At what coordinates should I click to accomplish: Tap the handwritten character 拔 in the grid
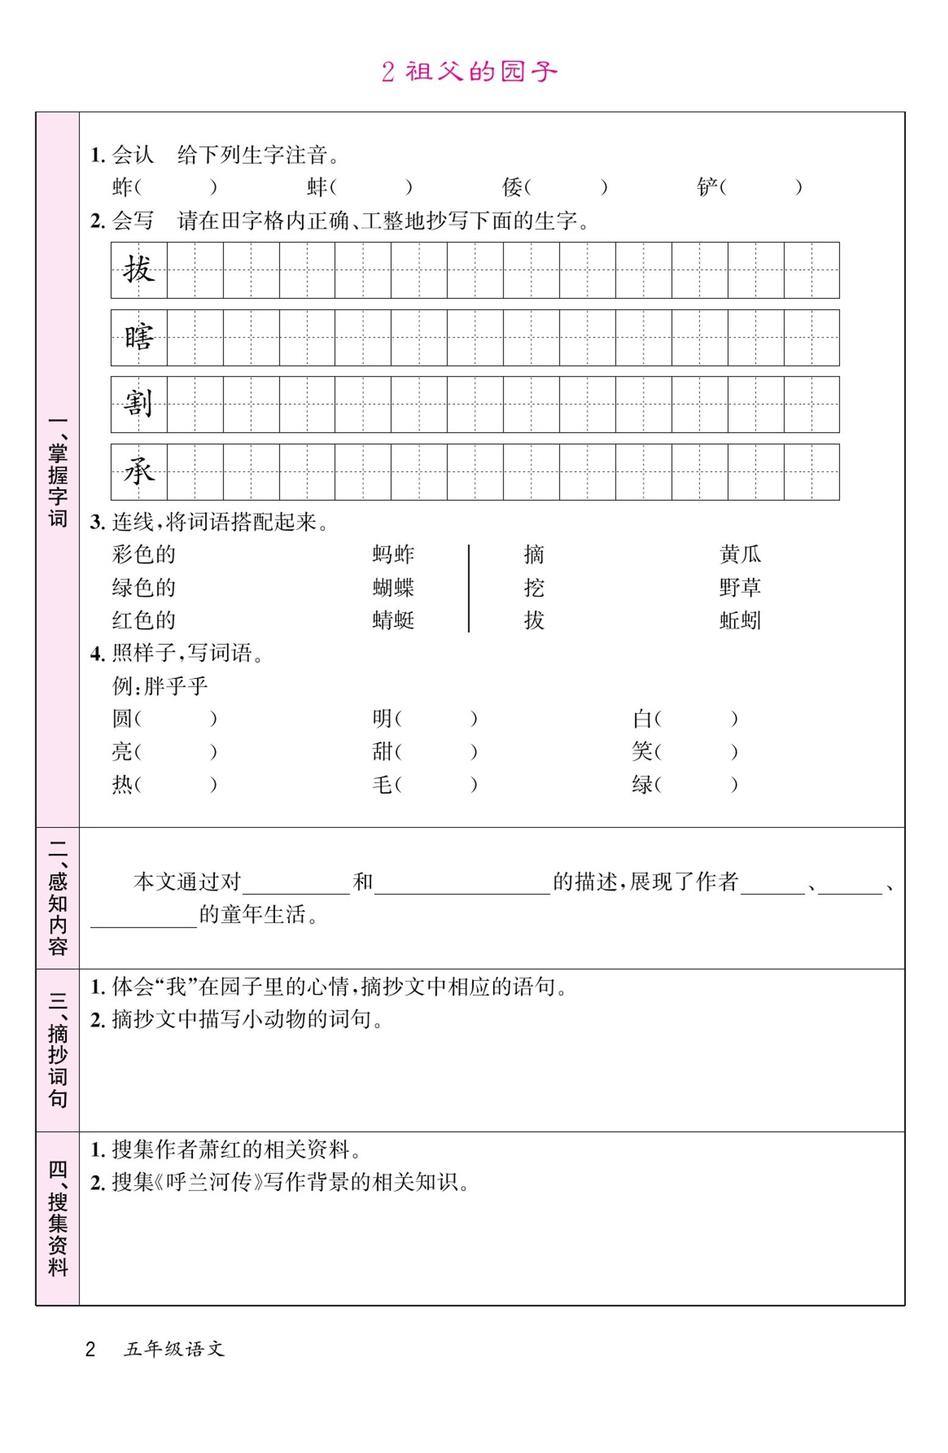[x=139, y=270]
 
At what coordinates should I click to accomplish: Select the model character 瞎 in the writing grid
[x=139, y=338]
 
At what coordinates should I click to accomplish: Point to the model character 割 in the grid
[x=139, y=404]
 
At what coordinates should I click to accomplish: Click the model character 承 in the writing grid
[x=139, y=472]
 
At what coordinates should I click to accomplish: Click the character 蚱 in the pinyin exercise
[x=122, y=187]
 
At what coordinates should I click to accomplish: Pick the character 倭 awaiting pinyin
[x=512, y=187]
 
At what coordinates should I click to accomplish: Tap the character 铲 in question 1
[x=707, y=187]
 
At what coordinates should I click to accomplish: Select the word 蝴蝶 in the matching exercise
[x=393, y=587]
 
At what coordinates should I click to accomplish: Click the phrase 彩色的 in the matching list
[x=143, y=554]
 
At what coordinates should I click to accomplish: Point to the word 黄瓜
[x=740, y=554]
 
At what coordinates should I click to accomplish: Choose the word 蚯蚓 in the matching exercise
[x=740, y=620]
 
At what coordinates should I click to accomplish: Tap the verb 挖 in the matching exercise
[x=534, y=587]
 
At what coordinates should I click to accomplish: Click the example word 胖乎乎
[x=176, y=686]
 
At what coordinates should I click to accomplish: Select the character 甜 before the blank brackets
[x=382, y=751]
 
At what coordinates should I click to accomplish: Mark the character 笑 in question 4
[x=642, y=751]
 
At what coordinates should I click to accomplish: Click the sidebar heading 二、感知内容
[x=57, y=897]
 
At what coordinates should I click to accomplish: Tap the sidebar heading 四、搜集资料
[x=57, y=1218]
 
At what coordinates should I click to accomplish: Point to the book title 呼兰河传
[x=208, y=1183]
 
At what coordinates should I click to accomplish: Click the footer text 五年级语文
[x=174, y=1349]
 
